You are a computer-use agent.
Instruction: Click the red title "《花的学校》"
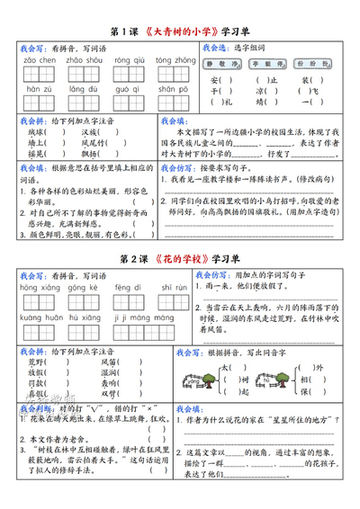coord(183,259)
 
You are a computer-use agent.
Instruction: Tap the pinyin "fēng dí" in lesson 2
coord(125,289)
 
